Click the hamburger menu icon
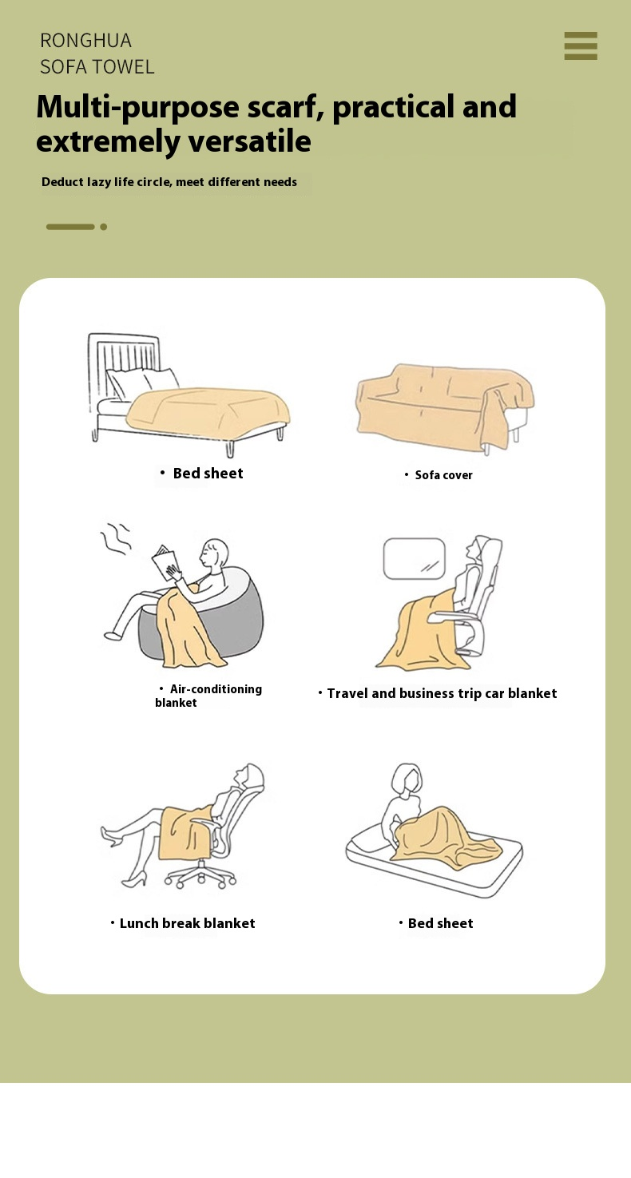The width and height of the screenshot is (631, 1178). tap(581, 46)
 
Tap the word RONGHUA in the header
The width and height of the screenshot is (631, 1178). tap(85, 41)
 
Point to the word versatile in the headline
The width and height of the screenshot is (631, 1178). tap(249, 141)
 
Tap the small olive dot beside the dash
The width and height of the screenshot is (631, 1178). tap(104, 227)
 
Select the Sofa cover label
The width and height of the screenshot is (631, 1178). tap(444, 475)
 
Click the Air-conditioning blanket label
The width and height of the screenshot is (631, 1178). tap(208, 696)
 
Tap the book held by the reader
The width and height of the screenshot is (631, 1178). tap(166, 562)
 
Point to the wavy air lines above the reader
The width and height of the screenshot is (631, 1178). tap(116, 538)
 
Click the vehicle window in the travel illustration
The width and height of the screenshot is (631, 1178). tap(415, 558)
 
